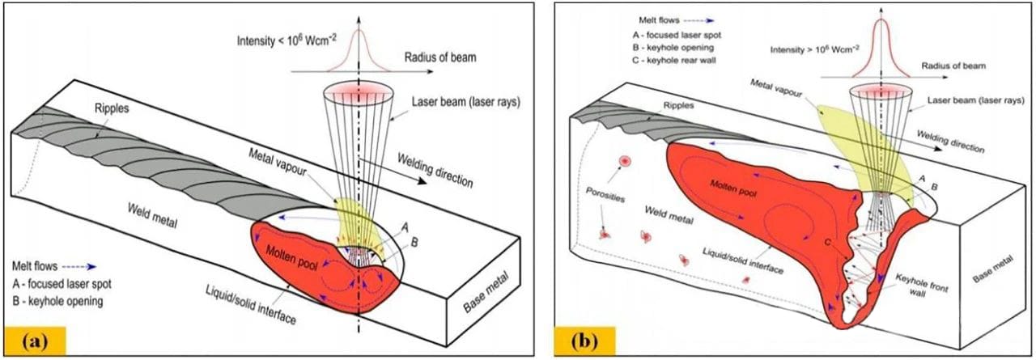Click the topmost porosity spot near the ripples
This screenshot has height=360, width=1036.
[625, 161]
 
